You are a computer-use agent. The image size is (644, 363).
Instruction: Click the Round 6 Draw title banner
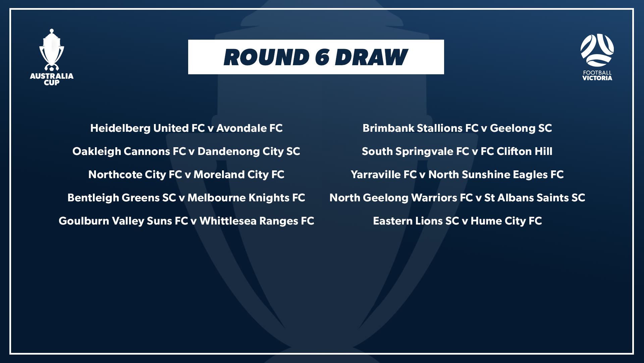click(x=316, y=57)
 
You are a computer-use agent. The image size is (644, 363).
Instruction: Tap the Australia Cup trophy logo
click(x=52, y=57)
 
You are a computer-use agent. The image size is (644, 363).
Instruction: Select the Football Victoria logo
click(x=597, y=57)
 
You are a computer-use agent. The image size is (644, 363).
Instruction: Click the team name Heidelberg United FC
click(x=148, y=128)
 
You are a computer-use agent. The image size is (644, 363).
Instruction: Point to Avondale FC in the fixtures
click(x=250, y=128)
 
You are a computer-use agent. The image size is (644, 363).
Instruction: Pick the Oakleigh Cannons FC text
click(x=129, y=152)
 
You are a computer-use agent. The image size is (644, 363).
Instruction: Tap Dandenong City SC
click(x=249, y=152)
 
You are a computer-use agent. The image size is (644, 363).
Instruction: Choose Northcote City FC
click(x=135, y=175)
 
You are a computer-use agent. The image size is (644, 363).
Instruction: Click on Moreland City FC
click(x=239, y=175)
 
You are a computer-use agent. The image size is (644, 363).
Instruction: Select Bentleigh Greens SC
click(x=122, y=198)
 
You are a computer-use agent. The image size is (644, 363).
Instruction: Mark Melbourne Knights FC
click(x=246, y=198)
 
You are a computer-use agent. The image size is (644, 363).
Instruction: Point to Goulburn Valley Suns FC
click(x=123, y=221)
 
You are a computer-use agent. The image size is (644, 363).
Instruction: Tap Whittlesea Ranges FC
click(x=257, y=221)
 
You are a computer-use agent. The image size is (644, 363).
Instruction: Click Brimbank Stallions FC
click(x=421, y=128)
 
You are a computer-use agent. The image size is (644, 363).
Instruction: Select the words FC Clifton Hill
click(x=517, y=151)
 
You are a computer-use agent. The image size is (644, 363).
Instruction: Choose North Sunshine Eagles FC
click(x=496, y=175)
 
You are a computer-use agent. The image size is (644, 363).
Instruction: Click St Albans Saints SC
click(x=535, y=198)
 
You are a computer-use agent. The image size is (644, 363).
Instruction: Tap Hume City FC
click(x=506, y=221)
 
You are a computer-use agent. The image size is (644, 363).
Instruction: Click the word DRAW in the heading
click(x=371, y=57)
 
